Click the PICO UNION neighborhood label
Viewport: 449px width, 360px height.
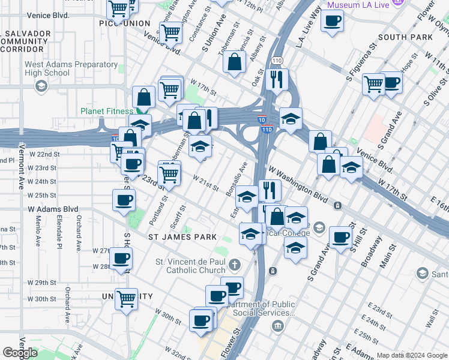coord(125,23)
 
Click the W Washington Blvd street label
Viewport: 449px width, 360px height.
coord(298,185)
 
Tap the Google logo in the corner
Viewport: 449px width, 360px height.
coord(20,353)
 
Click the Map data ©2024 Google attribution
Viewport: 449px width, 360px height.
coord(412,355)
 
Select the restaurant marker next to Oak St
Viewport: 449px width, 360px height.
coord(277,79)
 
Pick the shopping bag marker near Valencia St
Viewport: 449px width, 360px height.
coord(234,62)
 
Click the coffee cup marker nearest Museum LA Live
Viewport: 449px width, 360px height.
coord(331,22)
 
